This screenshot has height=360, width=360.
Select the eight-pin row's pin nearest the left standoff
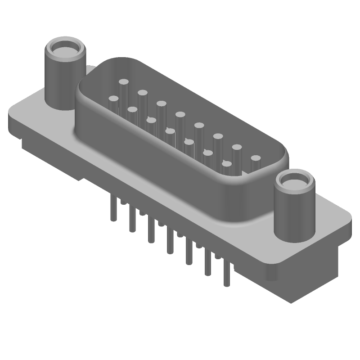(x=123, y=83)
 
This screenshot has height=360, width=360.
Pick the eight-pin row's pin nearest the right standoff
(x=256, y=158)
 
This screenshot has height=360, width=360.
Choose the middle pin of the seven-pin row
(x=170, y=131)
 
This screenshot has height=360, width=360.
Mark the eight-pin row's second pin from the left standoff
(x=143, y=93)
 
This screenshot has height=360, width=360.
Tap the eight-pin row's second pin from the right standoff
(x=237, y=147)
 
